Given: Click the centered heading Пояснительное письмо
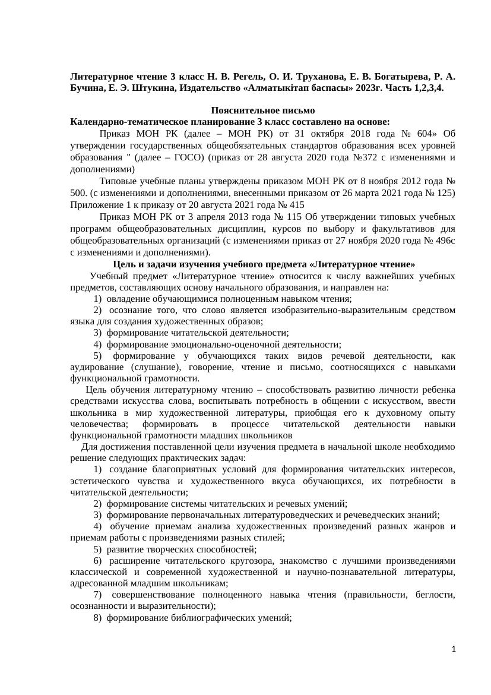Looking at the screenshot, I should tap(262, 111).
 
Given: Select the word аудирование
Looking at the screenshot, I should tap(97, 367).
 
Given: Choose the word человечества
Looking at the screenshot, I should tap(102, 424).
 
